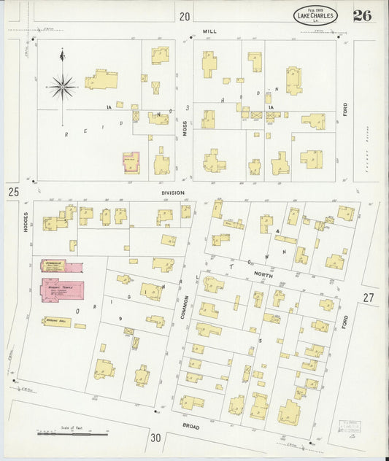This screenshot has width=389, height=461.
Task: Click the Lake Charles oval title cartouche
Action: click(x=315, y=15)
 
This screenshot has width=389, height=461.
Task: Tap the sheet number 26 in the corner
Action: click(x=362, y=15)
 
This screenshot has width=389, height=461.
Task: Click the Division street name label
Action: click(x=173, y=193)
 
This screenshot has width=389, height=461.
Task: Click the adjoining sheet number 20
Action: click(x=185, y=16)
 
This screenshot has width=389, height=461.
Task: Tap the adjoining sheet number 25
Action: click(x=12, y=192)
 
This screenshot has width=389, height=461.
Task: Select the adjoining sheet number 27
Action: click(x=368, y=297)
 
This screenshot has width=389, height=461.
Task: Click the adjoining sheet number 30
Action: click(x=155, y=438)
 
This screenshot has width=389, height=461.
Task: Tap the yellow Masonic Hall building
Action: click(x=57, y=321)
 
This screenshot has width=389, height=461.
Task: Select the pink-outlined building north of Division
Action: click(x=131, y=162)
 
